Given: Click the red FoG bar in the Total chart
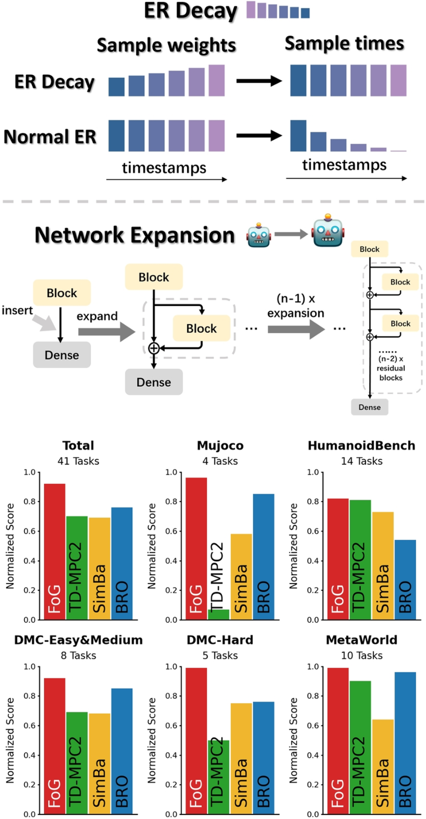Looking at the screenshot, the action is pyautogui.click(x=55, y=552).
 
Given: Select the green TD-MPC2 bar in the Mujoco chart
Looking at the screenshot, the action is pyautogui.click(x=218, y=614).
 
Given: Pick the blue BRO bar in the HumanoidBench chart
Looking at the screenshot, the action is pyautogui.click(x=405, y=580).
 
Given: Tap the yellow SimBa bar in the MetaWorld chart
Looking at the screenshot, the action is pyautogui.click(x=383, y=767).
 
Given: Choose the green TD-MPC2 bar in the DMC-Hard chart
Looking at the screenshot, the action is pyautogui.click(x=218, y=777).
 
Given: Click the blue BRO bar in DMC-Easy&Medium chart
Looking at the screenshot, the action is pyautogui.click(x=122, y=752).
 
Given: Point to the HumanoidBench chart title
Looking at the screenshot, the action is pyautogui.click(x=362, y=446).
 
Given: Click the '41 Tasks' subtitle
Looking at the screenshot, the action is pyautogui.click(x=78, y=461).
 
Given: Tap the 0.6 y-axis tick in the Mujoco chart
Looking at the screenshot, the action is pyautogui.click(x=171, y=531).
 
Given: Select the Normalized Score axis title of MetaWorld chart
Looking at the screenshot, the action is pyautogui.click(x=293, y=740).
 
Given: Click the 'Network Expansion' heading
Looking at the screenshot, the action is pyautogui.click(x=135, y=235).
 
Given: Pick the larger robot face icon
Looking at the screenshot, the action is pyautogui.click(x=328, y=231).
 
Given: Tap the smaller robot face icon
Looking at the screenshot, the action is pyautogui.click(x=259, y=235).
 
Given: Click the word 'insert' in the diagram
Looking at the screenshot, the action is pyautogui.click(x=17, y=310).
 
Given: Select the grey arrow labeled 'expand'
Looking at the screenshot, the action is pyautogui.click(x=106, y=332).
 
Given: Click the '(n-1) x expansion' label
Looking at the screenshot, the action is pyautogui.click(x=296, y=306).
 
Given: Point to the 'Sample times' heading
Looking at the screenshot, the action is pyautogui.click(x=344, y=43).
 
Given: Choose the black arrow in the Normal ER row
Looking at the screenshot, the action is pyautogui.click(x=259, y=136).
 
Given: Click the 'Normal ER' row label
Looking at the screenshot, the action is pyautogui.click(x=50, y=137).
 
